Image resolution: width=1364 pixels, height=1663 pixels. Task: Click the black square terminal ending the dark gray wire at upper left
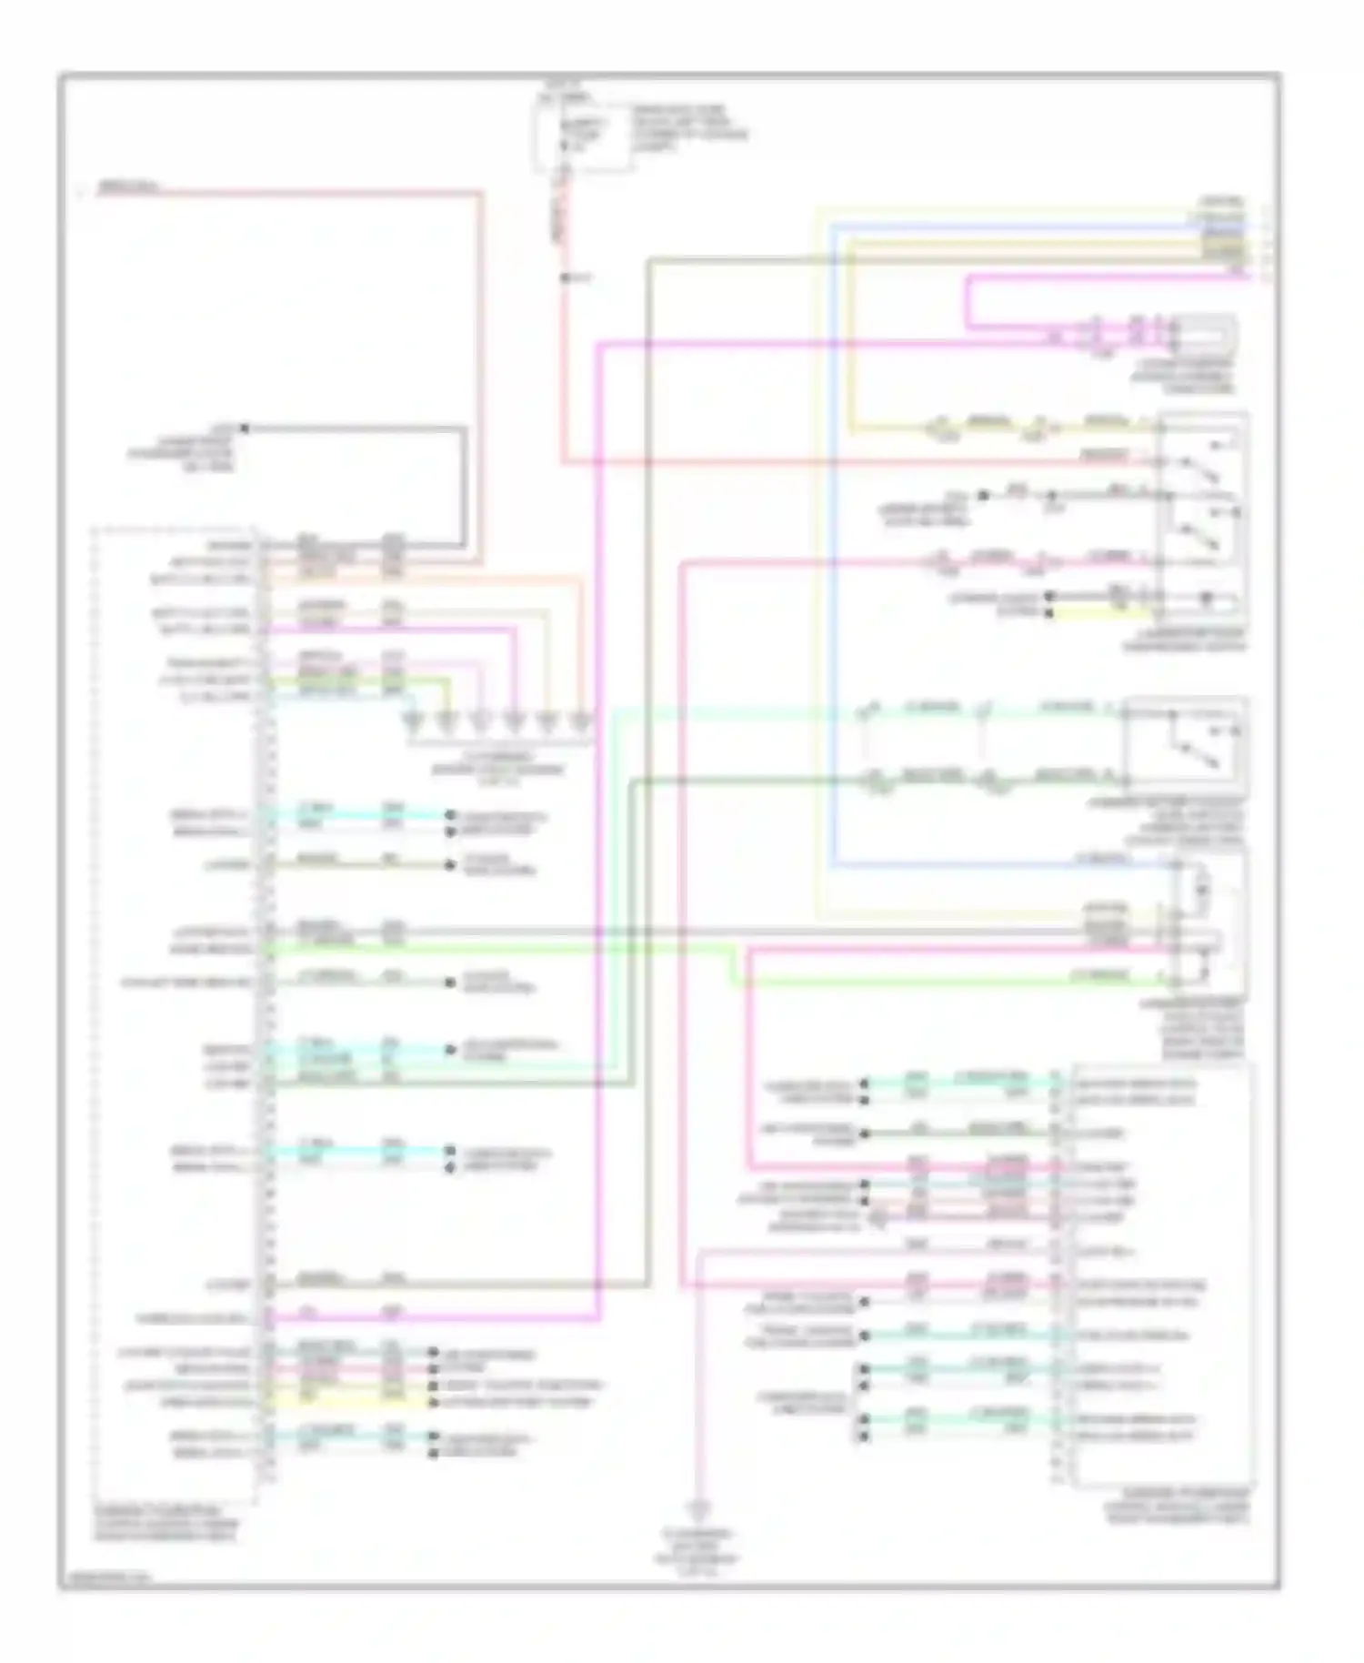(x=244, y=427)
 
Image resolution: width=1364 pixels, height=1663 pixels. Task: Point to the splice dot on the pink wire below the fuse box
(x=565, y=277)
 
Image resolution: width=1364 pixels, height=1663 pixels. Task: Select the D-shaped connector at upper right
(x=1205, y=335)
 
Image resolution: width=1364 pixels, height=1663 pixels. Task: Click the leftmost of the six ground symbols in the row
(x=415, y=724)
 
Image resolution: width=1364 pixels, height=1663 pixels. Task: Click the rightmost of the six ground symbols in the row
(x=579, y=724)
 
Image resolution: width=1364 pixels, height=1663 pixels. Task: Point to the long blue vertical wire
(x=833, y=546)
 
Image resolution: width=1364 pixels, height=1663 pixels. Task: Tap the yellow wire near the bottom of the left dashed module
(x=346, y=1402)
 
